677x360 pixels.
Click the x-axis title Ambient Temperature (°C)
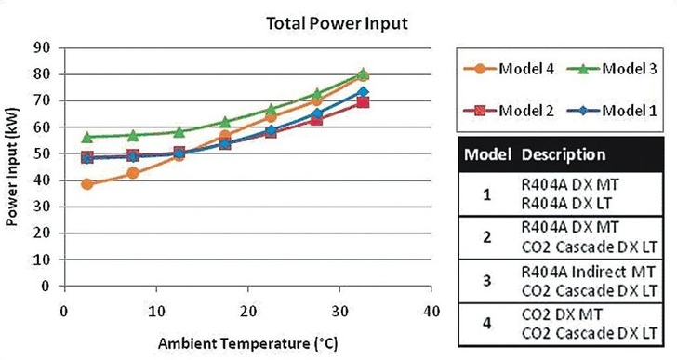tap(247, 341)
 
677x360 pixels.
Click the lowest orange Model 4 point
tap(87, 184)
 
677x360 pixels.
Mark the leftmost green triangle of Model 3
tap(87, 137)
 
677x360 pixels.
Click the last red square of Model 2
tap(363, 102)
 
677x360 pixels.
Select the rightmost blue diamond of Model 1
tap(363, 92)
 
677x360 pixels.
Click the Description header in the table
tap(563, 153)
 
